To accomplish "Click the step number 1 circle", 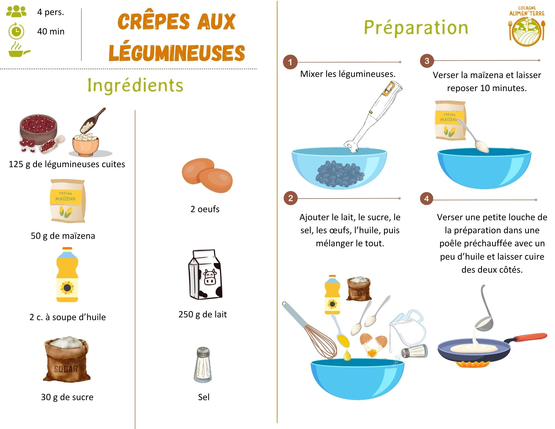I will pyautogui.click(x=290, y=62).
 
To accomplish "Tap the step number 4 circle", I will pyautogui.click(x=426, y=199).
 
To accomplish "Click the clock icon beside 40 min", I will pyautogui.click(x=16, y=31).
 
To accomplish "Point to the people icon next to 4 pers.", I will pyautogui.click(x=16, y=12).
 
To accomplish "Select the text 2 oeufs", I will pyautogui.click(x=205, y=209).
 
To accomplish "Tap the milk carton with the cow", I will pyautogui.click(x=205, y=275).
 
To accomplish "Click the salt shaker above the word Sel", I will pyautogui.click(x=203, y=365).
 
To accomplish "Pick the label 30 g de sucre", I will pyautogui.click(x=67, y=397).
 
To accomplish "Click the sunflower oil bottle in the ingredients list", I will pyautogui.click(x=67, y=275).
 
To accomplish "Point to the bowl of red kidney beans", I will pyautogui.click(x=38, y=128).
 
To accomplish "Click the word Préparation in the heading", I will pyautogui.click(x=416, y=28).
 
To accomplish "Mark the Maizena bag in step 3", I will pyautogui.click(x=450, y=120).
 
